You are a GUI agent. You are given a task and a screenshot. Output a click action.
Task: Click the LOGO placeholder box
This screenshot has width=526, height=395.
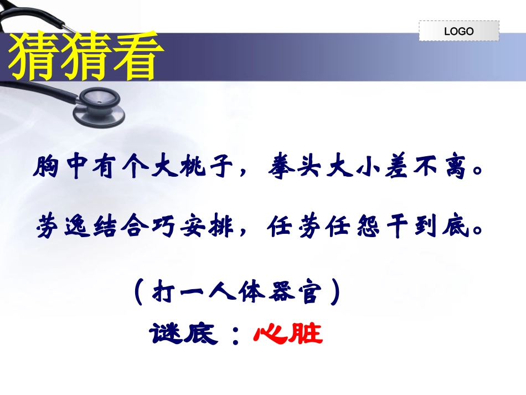[458, 31]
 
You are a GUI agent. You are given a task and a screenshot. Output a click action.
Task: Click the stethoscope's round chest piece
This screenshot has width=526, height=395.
[100, 100]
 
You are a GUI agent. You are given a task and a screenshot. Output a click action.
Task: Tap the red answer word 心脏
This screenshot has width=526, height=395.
[288, 334]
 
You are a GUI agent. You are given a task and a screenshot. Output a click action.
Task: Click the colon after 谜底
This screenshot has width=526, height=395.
[236, 336]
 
